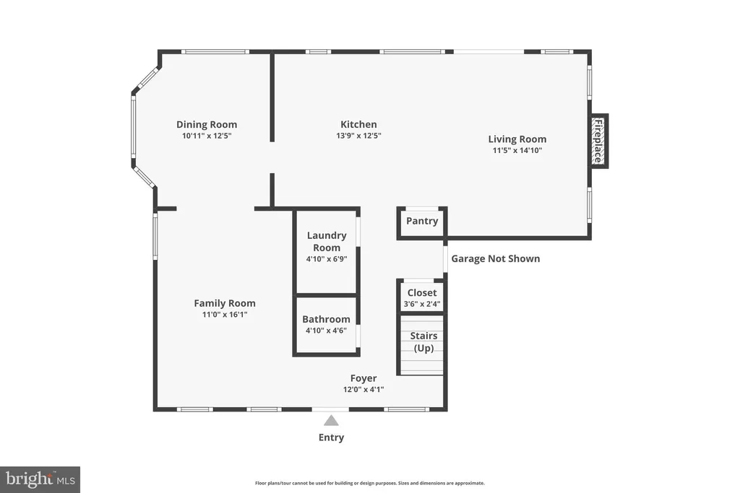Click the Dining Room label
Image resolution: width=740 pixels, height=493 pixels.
point(207,124)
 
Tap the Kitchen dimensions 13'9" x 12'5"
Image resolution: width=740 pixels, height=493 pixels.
point(358,136)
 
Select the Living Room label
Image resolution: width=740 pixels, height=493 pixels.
point(517,139)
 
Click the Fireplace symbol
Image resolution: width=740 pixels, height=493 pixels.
point(598,141)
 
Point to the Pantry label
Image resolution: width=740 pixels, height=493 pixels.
point(422,221)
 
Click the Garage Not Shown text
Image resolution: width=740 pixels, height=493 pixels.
point(496,258)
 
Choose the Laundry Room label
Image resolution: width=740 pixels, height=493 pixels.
point(327,241)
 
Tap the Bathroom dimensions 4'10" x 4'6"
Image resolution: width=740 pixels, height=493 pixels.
point(326,331)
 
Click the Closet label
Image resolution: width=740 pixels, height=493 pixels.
point(422,292)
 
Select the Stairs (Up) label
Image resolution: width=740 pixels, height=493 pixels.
point(423,341)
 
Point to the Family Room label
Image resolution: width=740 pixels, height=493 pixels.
point(225,303)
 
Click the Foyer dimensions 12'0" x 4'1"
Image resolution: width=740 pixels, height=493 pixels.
point(363,389)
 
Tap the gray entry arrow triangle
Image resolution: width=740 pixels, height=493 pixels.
point(331,420)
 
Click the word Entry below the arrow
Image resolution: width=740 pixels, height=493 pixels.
point(331,437)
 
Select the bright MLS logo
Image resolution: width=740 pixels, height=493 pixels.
point(40,480)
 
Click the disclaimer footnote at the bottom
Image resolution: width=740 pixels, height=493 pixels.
point(370,483)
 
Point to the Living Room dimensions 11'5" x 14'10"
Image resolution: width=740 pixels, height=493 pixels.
point(517,150)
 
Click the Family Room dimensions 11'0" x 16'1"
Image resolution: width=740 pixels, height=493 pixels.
point(225,315)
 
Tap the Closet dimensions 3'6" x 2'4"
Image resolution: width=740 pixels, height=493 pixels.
point(422,304)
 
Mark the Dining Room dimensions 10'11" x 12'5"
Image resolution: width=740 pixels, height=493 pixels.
point(207,136)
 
